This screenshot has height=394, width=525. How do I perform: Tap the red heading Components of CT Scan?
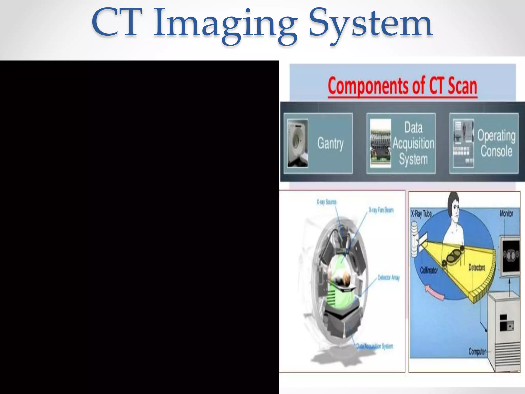[x=402, y=86]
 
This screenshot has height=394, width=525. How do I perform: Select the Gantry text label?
[x=330, y=143]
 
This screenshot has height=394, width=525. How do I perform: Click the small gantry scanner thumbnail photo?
[x=297, y=143]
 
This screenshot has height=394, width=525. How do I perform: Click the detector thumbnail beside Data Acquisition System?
[x=380, y=143]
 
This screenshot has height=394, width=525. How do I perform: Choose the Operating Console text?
[x=496, y=143]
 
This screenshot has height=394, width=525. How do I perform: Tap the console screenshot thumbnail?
[x=463, y=143]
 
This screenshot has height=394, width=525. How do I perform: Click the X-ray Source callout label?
[x=326, y=202]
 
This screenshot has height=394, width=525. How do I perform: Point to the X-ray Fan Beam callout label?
[x=381, y=210]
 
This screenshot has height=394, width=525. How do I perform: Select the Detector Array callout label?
[x=389, y=278]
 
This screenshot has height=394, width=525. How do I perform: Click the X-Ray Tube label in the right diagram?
[x=421, y=214]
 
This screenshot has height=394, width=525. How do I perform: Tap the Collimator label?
[x=429, y=270]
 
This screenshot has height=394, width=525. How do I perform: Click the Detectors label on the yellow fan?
[x=477, y=268]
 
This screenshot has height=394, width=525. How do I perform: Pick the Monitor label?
[x=506, y=213]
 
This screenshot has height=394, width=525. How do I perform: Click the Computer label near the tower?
[x=477, y=351]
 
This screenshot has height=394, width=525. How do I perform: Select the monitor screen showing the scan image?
[x=511, y=255]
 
